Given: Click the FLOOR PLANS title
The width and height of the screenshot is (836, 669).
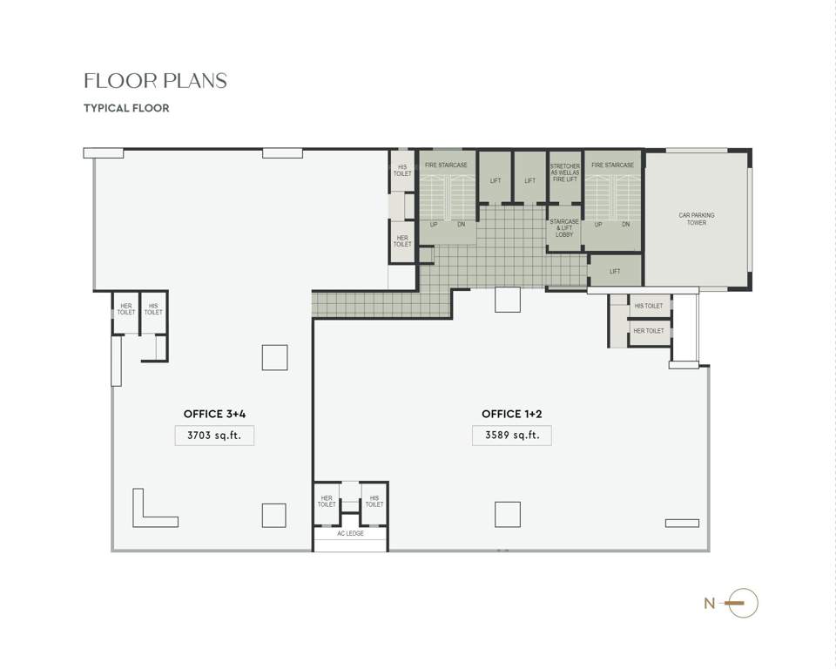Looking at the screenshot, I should coord(155,81).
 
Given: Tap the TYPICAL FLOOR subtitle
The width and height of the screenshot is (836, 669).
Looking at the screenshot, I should coord(126,109).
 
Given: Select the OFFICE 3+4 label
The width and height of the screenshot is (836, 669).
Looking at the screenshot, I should coord(220,414).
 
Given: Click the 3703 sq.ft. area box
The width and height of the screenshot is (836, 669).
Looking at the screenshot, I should coord(214,436).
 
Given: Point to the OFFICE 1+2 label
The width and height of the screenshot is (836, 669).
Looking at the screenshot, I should coord(512,414).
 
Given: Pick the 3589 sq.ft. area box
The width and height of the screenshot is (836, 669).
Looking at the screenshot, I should coord(512,436).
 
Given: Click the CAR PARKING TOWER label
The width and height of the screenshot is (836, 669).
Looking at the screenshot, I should coord(697,219).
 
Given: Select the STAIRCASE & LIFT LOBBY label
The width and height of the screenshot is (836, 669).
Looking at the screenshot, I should coord(564,228).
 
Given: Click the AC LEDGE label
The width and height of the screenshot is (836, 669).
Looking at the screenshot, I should coord(350,533).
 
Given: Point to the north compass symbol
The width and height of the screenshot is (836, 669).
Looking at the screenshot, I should coord(743,603).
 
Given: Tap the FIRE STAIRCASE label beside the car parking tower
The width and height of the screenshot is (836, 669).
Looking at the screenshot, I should coord(612,165).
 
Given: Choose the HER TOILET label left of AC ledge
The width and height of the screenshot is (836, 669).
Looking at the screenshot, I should coord(327,501).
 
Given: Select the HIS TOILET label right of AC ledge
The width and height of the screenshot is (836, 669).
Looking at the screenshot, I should coord(374,501).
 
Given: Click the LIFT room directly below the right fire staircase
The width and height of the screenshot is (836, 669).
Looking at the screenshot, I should coord(615,271).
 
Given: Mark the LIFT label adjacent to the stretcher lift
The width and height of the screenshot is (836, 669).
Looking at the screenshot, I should coord(529,180).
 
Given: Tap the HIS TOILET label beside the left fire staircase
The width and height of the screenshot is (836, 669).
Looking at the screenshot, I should coord(402,170).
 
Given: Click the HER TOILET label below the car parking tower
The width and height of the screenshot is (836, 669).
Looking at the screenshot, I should coord(649,331).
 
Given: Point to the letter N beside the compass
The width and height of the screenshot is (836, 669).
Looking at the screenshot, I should coord(709,603).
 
